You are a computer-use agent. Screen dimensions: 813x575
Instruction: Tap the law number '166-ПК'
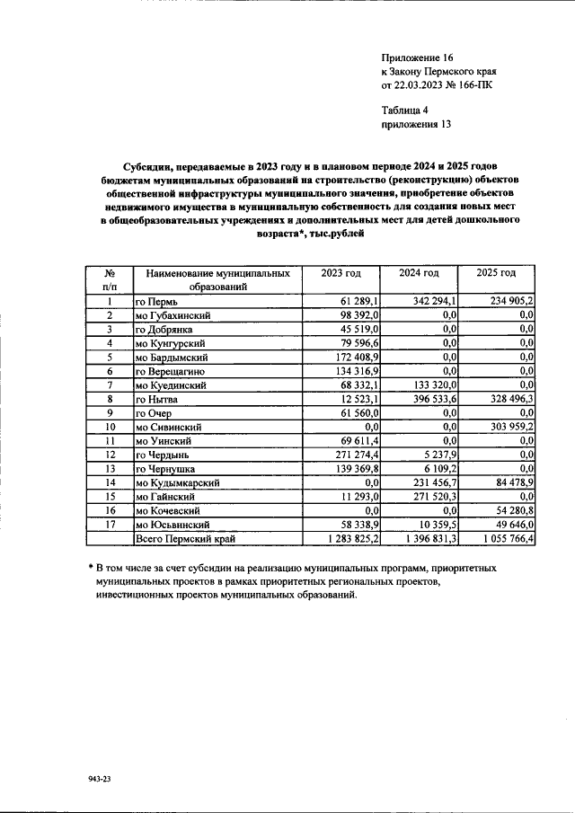(472, 86)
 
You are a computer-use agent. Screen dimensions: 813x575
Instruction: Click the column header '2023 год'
(341, 273)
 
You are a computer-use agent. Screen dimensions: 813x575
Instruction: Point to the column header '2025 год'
(497, 273)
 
